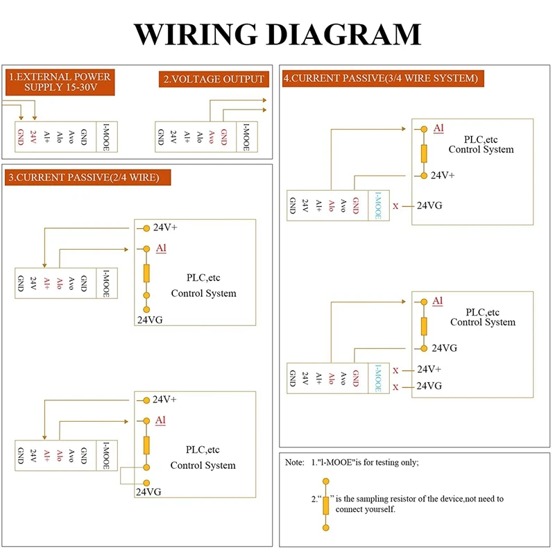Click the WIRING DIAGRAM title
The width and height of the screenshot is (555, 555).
pyautogui.click(x=277, y=34)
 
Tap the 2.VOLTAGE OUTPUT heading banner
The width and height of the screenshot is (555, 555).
pyautogui.click(x=214, y=79)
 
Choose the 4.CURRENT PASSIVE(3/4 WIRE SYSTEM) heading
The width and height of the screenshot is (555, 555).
pyautogui.click(x=381, y=78)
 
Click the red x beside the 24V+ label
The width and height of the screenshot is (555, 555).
pyautogui.click(x=395, y=370)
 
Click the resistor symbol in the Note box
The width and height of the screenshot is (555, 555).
pyautogui.click(x=325, y=506)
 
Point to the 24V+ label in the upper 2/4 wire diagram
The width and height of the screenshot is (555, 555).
pyautogui.click(x=165, y=228)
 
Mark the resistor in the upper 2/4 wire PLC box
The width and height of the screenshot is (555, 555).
pyautogui.click(x=146, y=273)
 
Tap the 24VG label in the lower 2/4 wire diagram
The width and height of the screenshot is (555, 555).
pyautogui.click(x=148, y=492)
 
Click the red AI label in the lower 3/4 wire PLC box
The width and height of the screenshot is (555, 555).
pyautogui.click(x=438, y=300)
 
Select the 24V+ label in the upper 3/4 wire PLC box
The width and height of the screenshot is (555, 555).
pyautogui.click(x=443, y=176)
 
